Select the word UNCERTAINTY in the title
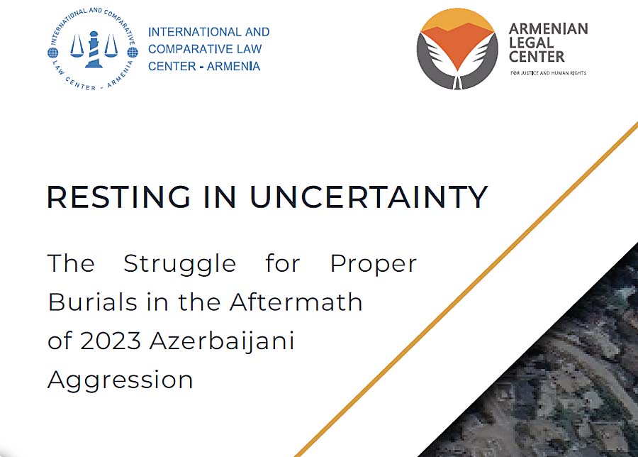(369, 197)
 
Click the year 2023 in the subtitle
(111, 341)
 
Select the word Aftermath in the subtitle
(296, 302)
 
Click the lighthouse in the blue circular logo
(94, 49)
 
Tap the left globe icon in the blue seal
(53, 53)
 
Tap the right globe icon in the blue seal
(133, 53)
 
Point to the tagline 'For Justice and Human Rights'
(548, 73)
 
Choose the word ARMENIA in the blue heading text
(233, 66)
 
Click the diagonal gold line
(466, 289)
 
